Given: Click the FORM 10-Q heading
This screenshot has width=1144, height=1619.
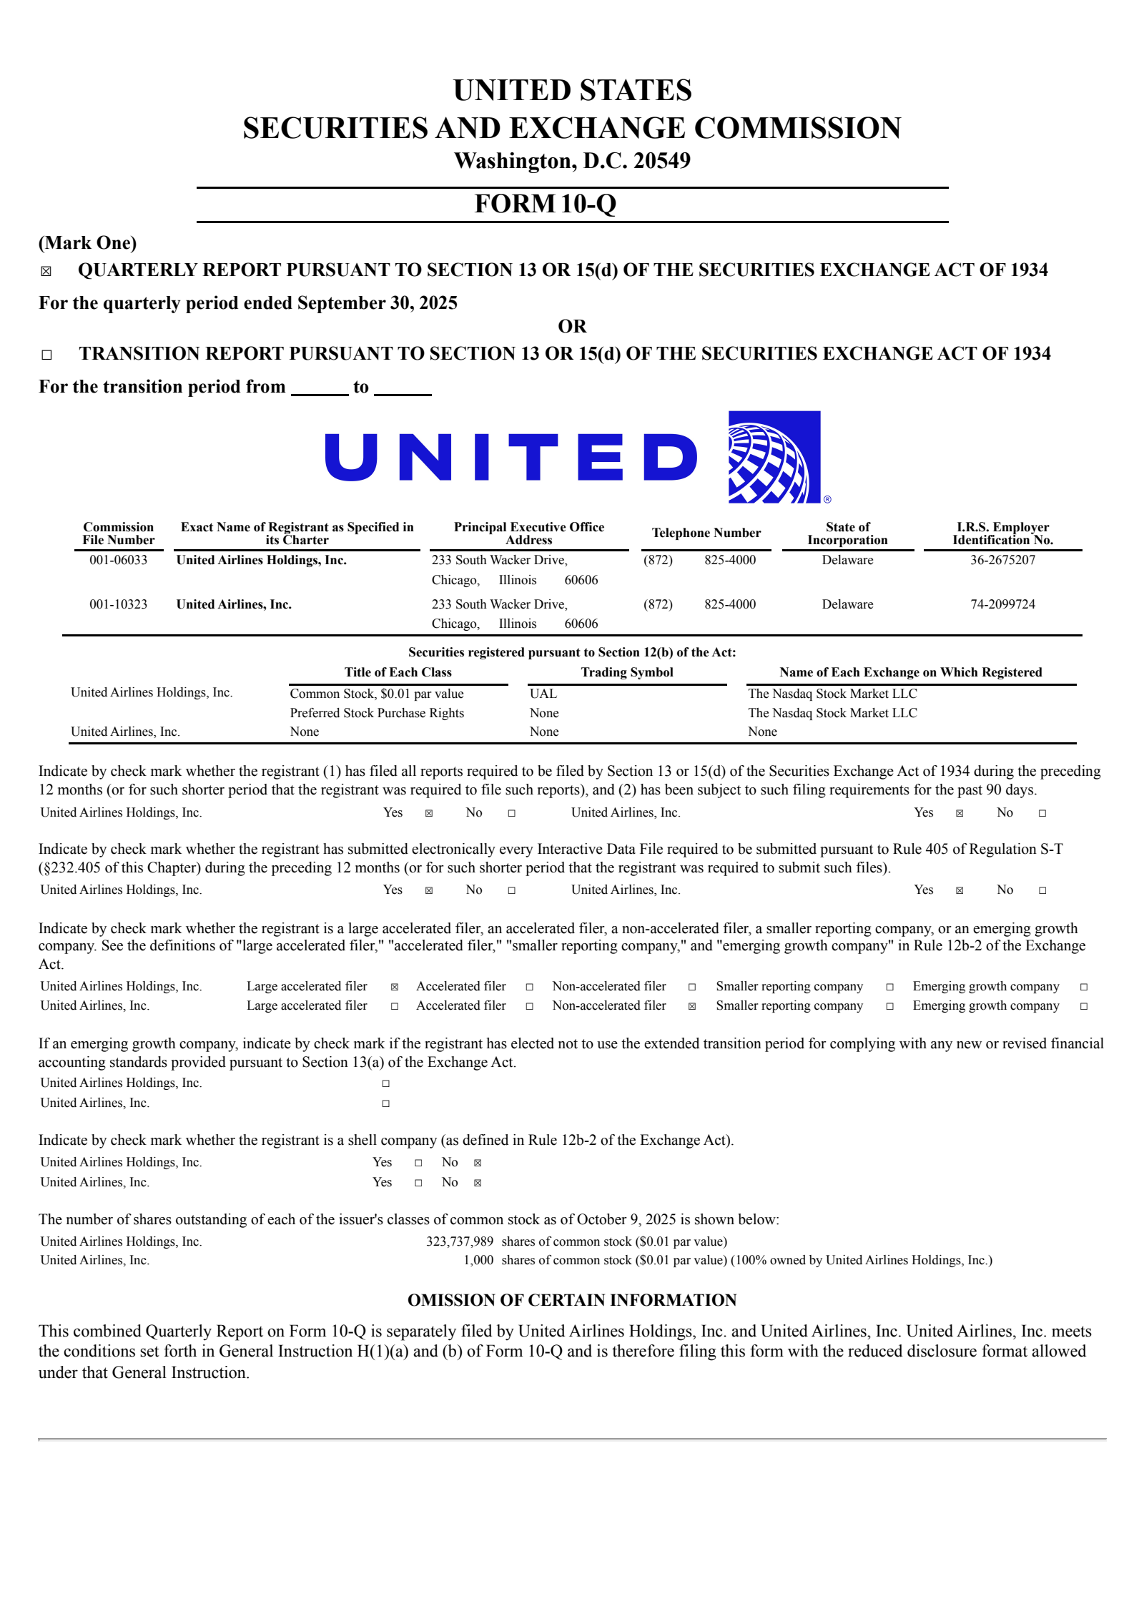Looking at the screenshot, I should click(x=545, y=204).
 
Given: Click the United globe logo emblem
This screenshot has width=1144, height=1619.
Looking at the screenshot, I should click(x=774, y=457).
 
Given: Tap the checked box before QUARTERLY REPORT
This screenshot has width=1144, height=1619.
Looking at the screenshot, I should click(x=46, y=271).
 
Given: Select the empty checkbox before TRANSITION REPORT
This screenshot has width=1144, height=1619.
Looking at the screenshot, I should click(x=46, y=355).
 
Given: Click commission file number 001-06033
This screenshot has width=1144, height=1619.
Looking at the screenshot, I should click(x=118, y=560).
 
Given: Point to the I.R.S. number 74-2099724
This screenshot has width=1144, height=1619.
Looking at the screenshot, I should click(x=1002, y=604).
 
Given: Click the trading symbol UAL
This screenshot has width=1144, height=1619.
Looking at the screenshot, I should click(x=543, y=694).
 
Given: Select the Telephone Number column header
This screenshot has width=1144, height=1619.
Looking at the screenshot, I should click(x=706, y=533).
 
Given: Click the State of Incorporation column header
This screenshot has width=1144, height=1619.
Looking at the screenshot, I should click(x=847, y=533).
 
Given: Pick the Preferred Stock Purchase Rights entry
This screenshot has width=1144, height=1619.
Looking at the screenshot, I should click(x=377, y=713).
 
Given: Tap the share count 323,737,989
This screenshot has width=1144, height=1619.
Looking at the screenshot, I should click(x=459, y=1241).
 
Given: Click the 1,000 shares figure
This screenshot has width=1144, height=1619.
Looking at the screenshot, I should click(x=478, y=1260).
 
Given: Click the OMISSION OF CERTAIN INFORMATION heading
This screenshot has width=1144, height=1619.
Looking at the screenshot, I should click(x=572, y=1300).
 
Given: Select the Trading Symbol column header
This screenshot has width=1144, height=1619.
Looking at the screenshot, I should click(x=626, y=672).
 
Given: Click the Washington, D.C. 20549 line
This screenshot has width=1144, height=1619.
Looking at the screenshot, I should click(x=572, y=161).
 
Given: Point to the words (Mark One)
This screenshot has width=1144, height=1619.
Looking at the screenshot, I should click(x=87, y=243).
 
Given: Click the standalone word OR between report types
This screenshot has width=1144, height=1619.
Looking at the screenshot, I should click(x=572, y=327).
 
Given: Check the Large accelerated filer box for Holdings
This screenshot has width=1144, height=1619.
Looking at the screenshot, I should click(x=394, y=987).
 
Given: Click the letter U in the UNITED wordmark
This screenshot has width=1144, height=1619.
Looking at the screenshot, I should click(x=351, y=457).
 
